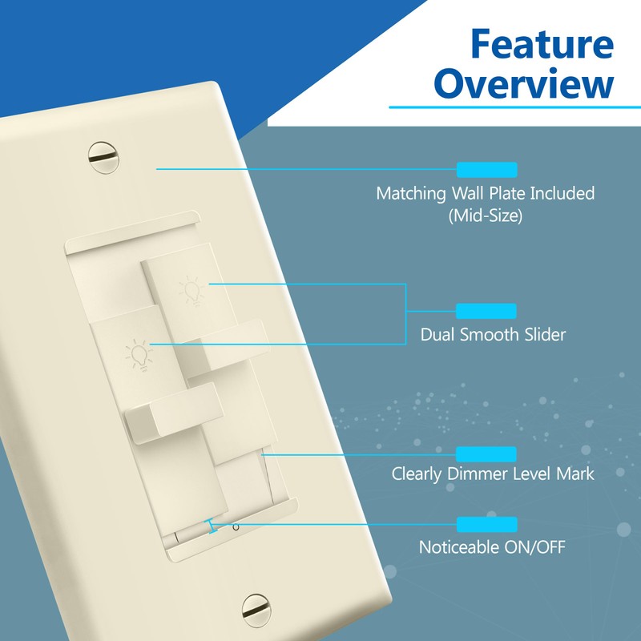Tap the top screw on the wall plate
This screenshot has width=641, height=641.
click(x=103, y=157)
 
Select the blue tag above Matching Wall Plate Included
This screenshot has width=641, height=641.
click(x=486, y=169)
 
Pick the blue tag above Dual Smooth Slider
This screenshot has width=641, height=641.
click(x=486, y=311)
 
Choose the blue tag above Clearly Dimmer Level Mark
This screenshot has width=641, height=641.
click(x=486, y=454)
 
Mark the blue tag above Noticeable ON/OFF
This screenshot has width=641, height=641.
click(x=486, y=525)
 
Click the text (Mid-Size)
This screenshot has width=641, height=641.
click(x=486, y=216)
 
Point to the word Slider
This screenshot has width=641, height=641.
click(x=540, y=335)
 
